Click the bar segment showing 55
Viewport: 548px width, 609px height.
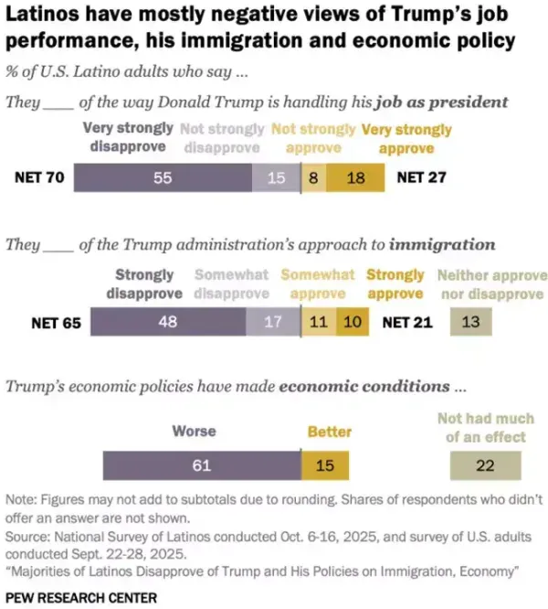point(163,178)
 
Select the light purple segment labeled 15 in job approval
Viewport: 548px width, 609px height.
point(276,178)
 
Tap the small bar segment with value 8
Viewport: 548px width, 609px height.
point(313,178)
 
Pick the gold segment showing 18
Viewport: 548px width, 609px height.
point(355,178)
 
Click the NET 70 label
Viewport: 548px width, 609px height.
point(39,177)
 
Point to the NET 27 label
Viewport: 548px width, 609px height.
point(421,177)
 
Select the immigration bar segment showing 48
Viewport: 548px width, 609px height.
point(168,322)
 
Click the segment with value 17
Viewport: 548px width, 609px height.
point(271,322)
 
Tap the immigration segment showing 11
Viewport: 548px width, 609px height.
point(317,322)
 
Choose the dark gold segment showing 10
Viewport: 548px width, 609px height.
point(352,322)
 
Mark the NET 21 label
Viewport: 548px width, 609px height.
point(406,322)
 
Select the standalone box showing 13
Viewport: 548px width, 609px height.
point(470,322)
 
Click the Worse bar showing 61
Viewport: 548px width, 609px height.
point(202,465)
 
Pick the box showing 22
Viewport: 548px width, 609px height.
point(485,465)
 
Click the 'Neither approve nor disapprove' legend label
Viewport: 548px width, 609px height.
point(492,283)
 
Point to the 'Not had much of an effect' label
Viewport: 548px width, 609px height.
point(485,428)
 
